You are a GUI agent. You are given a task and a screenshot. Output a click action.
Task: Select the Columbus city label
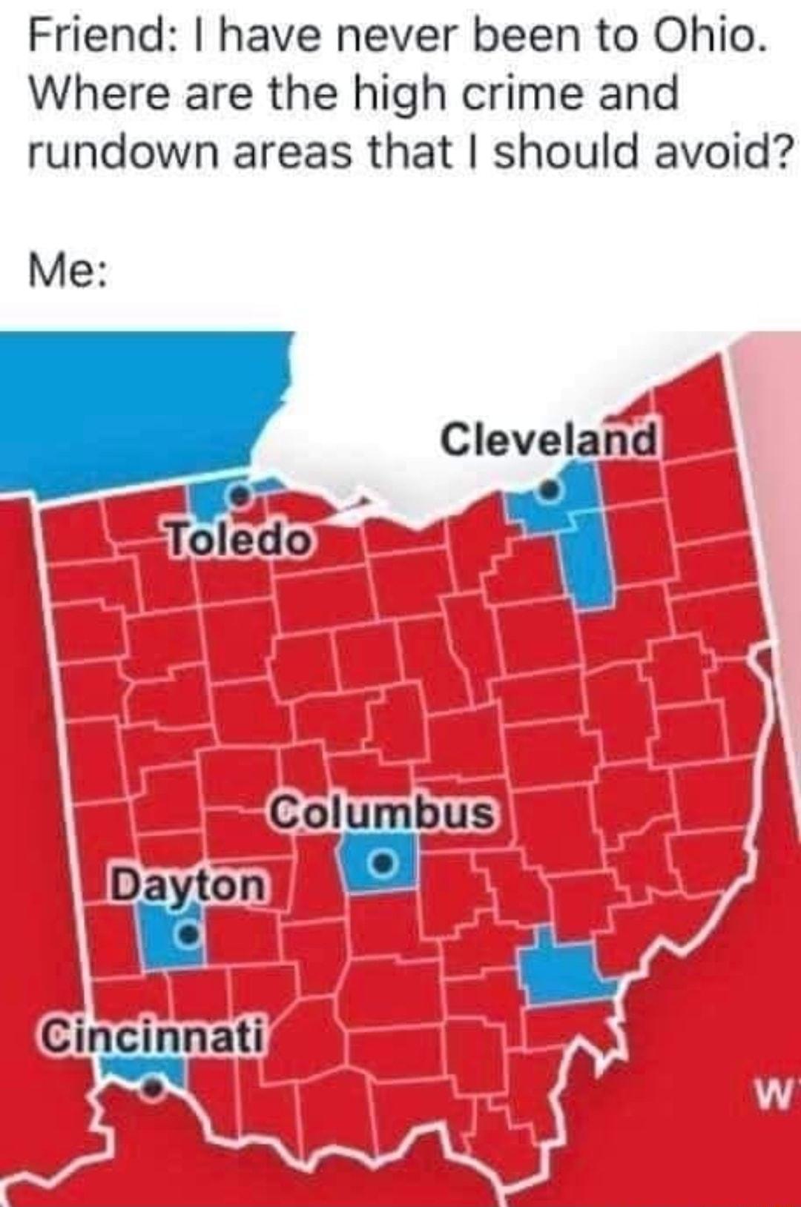click(x=383, y=813)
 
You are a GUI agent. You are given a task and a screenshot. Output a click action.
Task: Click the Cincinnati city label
click(x=153, y=1036)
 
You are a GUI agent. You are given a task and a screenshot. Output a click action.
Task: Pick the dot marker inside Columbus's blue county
click(x=382, y=862)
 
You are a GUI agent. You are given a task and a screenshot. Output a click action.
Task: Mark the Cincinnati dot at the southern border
click(x=153, y=1087)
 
